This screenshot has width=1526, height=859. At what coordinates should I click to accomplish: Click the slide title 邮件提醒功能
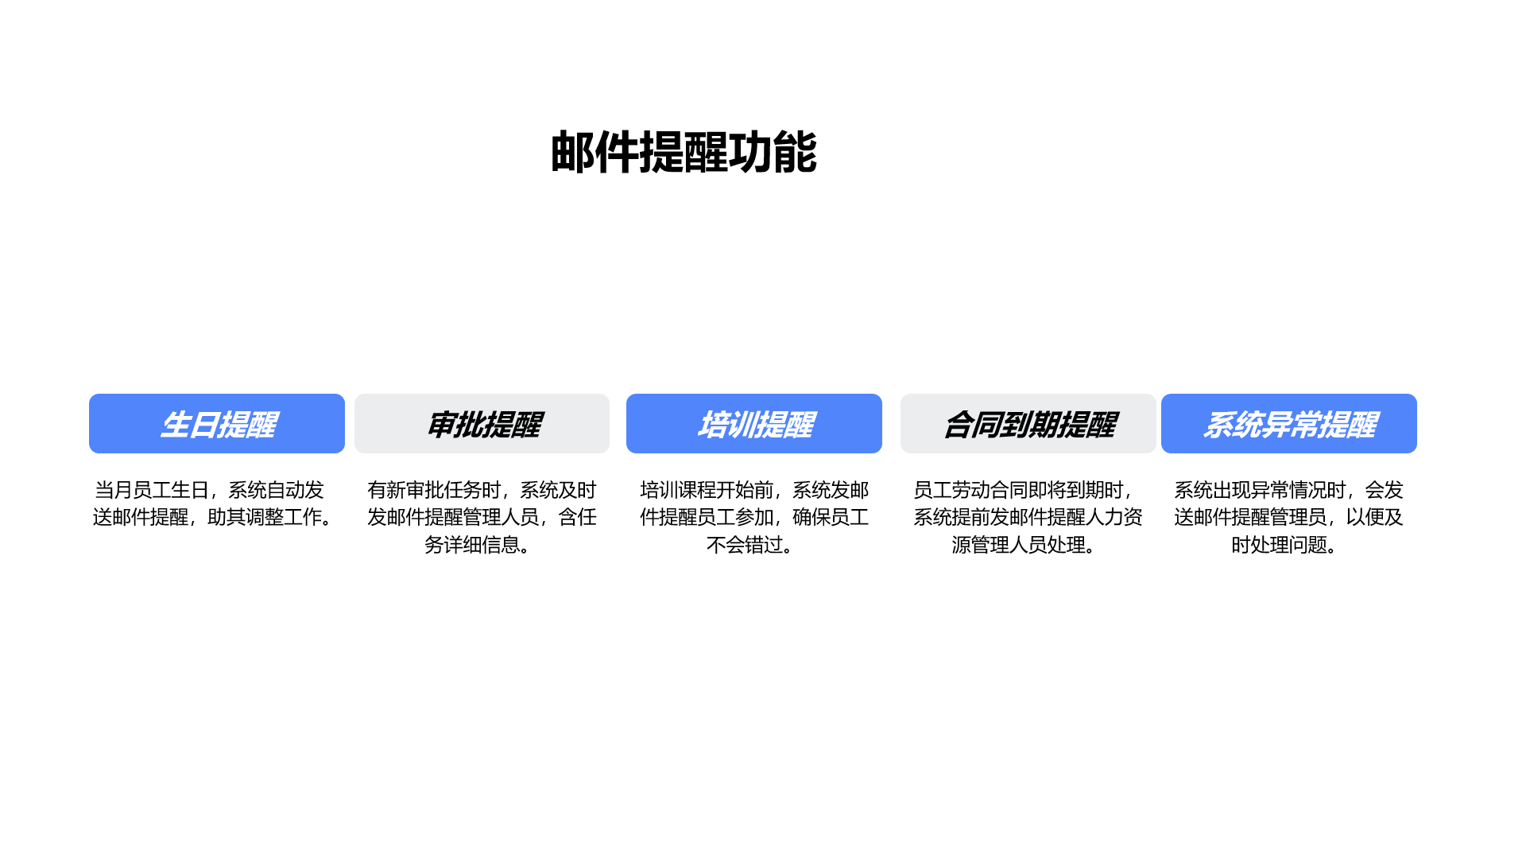(x=684, y=152)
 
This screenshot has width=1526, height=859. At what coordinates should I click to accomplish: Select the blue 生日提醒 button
(x=217, y=423)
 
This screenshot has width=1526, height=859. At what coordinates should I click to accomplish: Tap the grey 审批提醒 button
(x=482, y=423)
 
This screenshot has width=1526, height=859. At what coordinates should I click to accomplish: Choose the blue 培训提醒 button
(x=754, y=423)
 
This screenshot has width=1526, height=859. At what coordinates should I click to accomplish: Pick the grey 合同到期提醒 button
(x=1028, y=423)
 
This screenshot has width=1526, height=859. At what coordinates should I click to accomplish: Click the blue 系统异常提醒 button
(x=1289, y=423)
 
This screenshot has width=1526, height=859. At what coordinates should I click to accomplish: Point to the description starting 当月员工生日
(x=214, y=503)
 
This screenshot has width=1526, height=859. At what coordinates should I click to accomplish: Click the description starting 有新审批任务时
(x=482, y=517)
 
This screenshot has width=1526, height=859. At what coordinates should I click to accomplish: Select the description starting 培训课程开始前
(x=754, y=517)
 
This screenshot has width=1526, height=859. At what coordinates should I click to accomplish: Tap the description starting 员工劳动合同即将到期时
(x=1028, y=517)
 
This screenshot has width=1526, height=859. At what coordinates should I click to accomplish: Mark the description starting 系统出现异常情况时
(x=1288, y=517)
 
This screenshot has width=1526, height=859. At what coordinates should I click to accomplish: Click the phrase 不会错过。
(x=751, y=545)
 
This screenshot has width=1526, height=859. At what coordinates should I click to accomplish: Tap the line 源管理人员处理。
(x=1025, y=545)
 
